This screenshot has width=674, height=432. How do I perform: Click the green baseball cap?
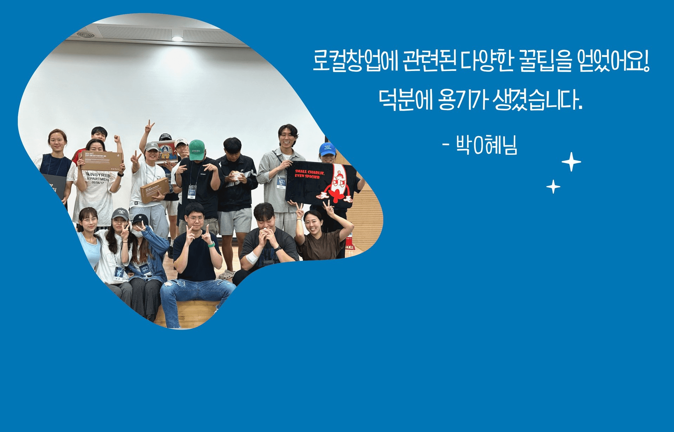197,150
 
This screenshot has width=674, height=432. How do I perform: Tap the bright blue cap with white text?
327,149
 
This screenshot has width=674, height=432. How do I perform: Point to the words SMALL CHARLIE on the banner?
309,172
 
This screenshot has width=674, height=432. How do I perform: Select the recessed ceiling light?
177,38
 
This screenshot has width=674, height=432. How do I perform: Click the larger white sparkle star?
571,162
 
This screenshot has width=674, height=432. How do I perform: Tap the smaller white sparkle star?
553,186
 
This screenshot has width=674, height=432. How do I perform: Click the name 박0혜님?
486,145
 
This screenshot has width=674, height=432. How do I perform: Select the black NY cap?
140,220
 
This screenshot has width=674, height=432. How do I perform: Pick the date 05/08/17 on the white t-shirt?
98,183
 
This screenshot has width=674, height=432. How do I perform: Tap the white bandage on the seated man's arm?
251,258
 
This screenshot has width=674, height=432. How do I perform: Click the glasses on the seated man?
196,219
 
